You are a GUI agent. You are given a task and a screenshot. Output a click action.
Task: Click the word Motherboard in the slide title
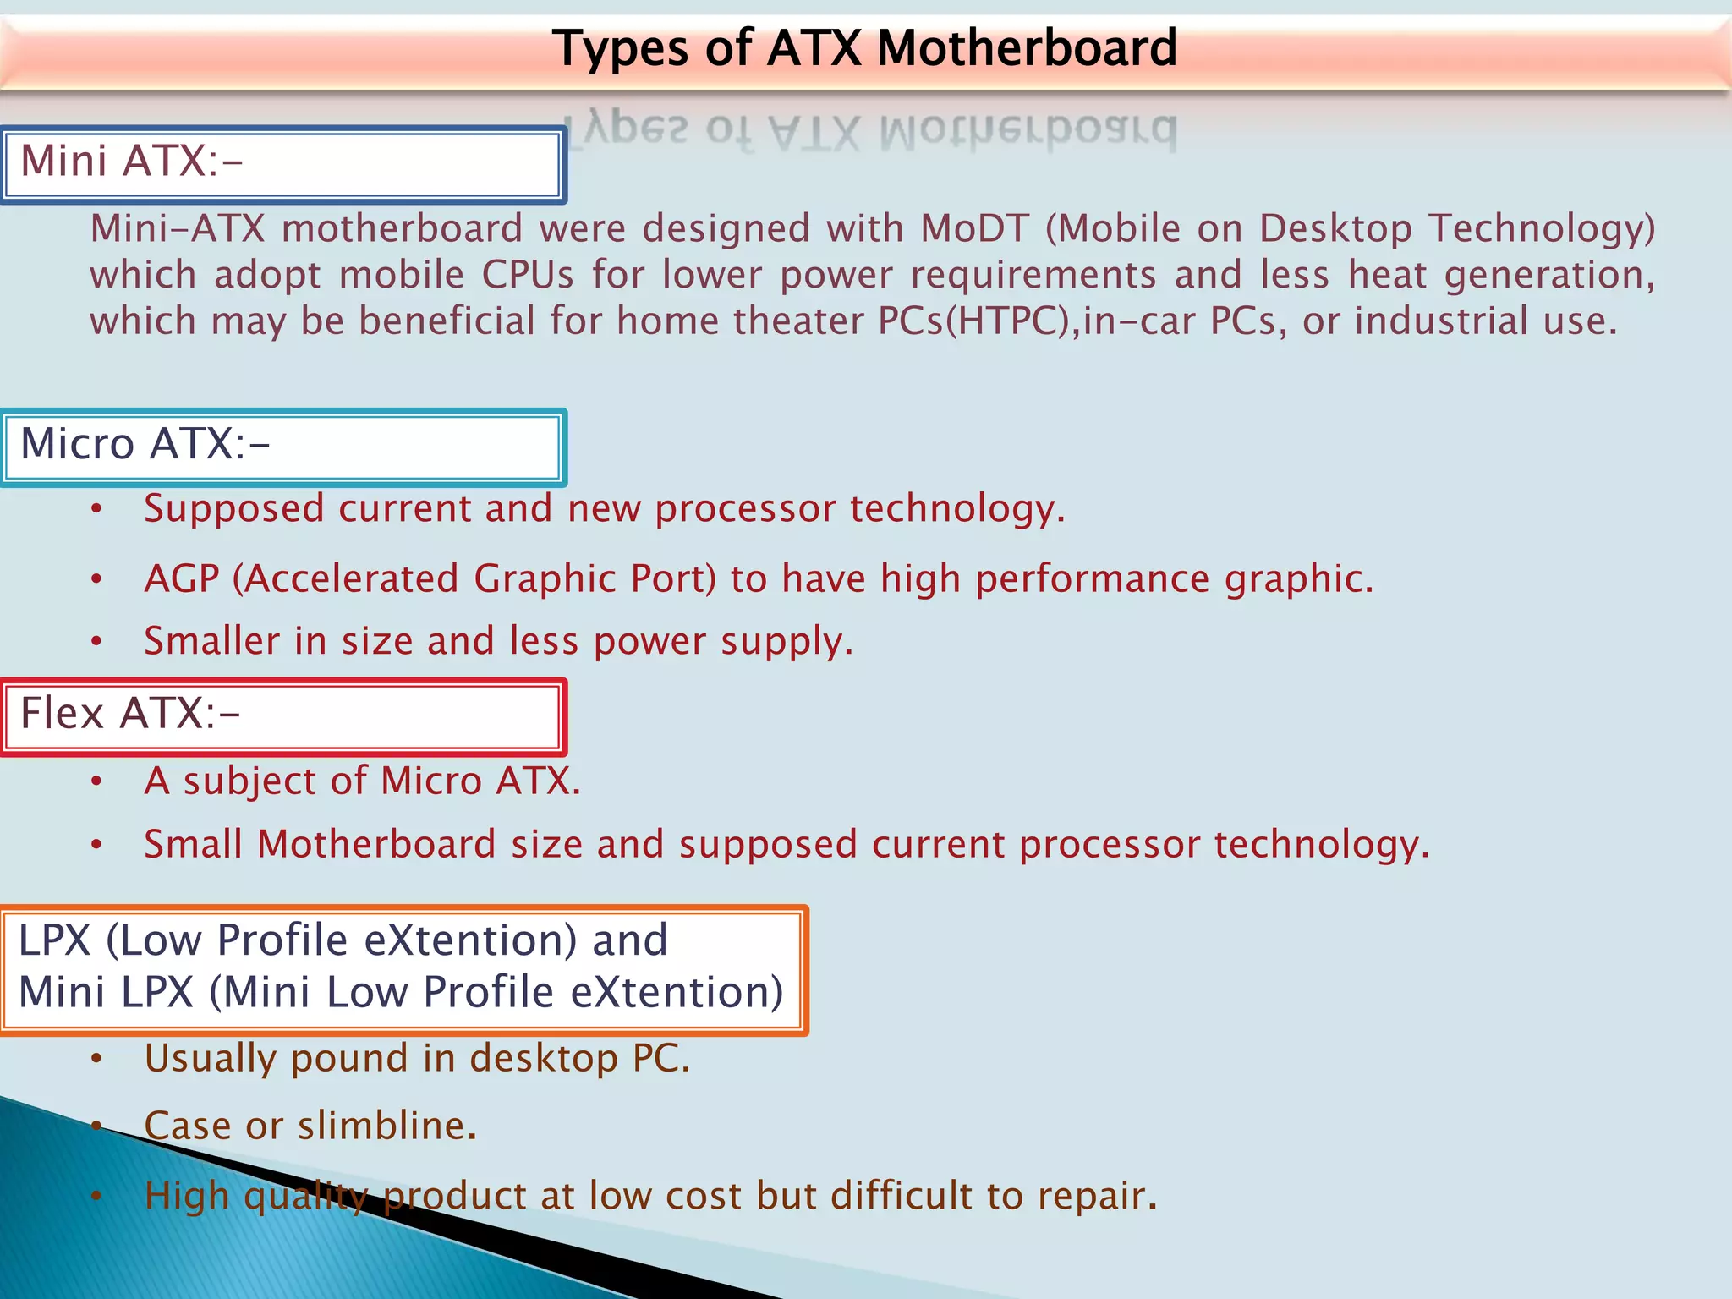click(1027, 48)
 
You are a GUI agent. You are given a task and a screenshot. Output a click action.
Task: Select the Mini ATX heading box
click(283, 164)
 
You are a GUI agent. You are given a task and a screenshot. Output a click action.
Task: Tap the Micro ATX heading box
click(283, 447)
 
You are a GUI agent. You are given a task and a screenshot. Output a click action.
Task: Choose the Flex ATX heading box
click(283, 716)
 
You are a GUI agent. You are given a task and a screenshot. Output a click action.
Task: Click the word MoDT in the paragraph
click(975, 229)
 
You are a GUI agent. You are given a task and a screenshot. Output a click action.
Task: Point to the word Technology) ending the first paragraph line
click(1542, 229)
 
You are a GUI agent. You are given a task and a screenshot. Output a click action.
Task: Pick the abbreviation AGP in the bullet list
click(181, 579)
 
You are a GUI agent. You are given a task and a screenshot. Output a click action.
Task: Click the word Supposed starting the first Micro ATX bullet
click(233, 509)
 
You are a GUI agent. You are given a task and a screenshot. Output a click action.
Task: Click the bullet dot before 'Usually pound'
click(97, 1059)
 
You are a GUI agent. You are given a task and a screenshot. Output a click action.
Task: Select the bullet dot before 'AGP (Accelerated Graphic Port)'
click(97, 580)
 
